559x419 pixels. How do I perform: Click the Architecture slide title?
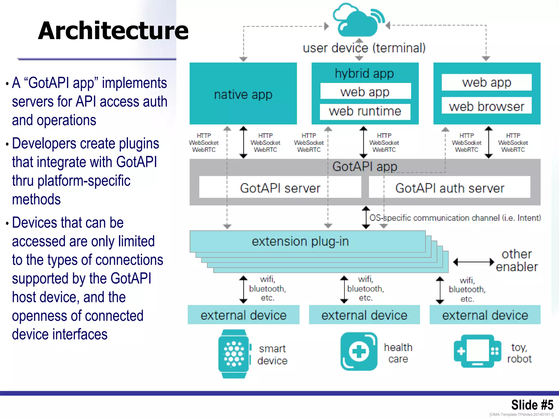pyautogui.click(x=113, y=31)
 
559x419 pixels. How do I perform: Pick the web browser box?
pyautogui.click(x=486, y=106)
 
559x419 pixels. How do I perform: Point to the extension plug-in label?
pyautogui.click(x=300, y=241)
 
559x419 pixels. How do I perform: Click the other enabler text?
pyautogui.click(x=516, y=261)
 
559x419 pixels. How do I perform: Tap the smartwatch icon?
pyautogui.click(x=234, y=354)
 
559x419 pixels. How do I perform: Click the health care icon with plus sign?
pyautogui.click(x=359, y=351)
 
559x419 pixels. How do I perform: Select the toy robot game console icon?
pyautogui.click(x=477, y=351)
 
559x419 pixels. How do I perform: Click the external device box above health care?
pyautogui.click(x=364, y=315)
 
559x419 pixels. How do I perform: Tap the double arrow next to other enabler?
pyautogui.click(x=474, y=262)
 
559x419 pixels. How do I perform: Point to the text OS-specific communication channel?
pyautogui.click(x=455, y=218)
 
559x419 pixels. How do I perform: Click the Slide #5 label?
pyautogui.click(x=532, y=405)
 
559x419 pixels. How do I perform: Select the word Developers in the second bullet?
pyautogui.click(x=44, y=143)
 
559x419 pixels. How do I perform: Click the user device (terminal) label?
pyautogui.click(x=364, y=48)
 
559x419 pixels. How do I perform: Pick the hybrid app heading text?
pyautogui.click(x=364, y=73)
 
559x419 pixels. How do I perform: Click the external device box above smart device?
pyautogui.click(x=243, y=315)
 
